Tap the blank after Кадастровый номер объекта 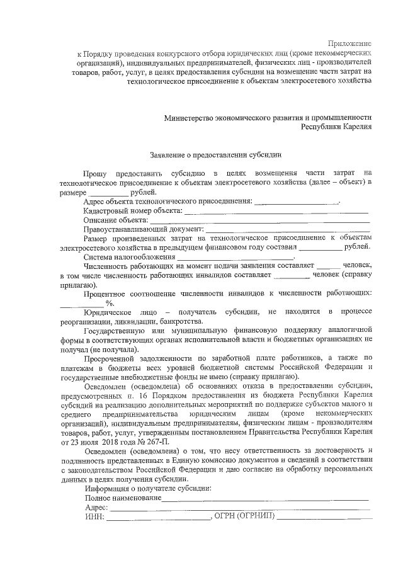coord(276,211)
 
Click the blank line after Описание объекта coord(259,220)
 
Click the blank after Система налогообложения coord(235,257)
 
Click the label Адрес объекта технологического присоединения coord(167,202)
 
